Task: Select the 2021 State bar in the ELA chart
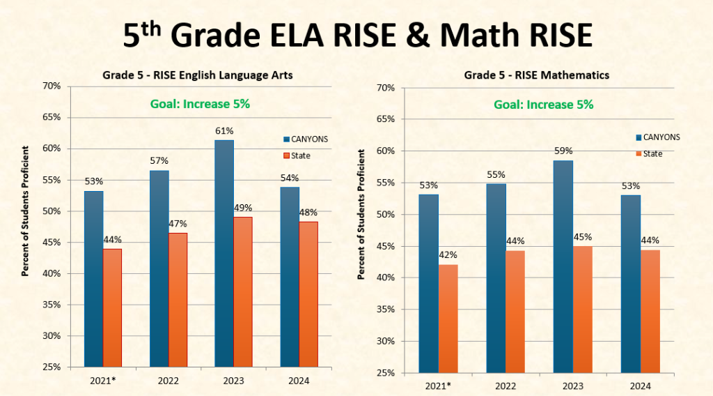pyautogui.click(x=112, y=307)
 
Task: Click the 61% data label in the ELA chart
pyautogui.click(x=224, y=131)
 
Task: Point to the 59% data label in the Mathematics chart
pyautogui.click(x=563, y=151)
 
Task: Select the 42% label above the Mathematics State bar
pyautogui.click(x=448, y=255)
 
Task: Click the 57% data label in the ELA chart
pyautogui.click(x=159, y=161)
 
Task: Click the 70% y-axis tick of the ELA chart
pyautogui.click(x=52, y=86)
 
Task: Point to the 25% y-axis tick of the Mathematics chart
pyautogui.click(x=386, y=373)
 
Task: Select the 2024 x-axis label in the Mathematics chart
pyautogui.click(x=640, y=386)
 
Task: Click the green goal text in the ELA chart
pyautogui.click(x=200, y=104)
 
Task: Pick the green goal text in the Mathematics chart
pyautogui.click(x=543, y=105)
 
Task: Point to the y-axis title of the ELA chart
pyautogui.click(x=25, y=211)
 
